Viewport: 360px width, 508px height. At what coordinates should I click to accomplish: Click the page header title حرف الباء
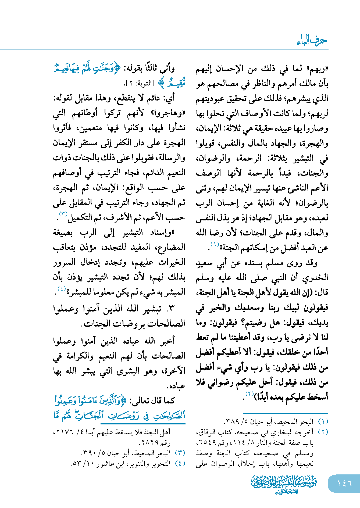(x=312, y=41)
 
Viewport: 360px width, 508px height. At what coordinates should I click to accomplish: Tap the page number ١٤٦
(x=344, y=483)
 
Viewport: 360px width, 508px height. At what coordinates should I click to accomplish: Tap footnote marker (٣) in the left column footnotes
(x=180, y=453)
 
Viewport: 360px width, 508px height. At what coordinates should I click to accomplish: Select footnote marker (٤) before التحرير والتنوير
(x=180, y=464)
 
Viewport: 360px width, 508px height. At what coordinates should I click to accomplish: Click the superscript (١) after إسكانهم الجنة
(x=215, y=244)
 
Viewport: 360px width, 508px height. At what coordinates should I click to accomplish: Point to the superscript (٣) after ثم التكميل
(x=63, y=214)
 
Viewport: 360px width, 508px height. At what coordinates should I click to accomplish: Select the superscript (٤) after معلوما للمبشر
(x=62, y=289)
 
